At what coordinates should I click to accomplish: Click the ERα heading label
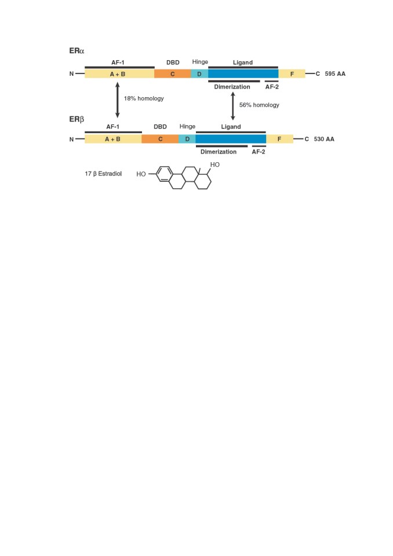coord(77,51)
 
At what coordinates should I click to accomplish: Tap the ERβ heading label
coord(77,119)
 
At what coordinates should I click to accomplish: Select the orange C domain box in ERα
coord(173,74)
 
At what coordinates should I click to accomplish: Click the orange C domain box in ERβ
coord(160,139)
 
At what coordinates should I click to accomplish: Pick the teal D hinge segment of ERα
coord(199,74)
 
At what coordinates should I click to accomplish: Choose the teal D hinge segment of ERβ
coord(187,139)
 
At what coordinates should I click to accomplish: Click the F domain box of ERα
coord(292,74)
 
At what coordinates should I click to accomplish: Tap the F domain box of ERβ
coord(280,139)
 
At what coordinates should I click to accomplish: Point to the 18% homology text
coord(144,98)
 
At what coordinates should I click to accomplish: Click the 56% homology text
coord(259,105)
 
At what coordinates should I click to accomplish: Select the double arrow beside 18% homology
coord(118,100)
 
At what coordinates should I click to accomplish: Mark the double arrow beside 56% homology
coord(233,106)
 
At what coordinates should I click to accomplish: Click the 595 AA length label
coord(335,74)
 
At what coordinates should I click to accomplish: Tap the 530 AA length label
coord(324,139)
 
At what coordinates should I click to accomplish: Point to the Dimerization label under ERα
coord(232,87)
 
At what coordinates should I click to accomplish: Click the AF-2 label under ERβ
coord(259,152)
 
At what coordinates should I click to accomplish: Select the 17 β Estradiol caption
coord(103,174)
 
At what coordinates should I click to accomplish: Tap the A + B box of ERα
coord(119,74)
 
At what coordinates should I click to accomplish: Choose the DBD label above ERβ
coord(160,127)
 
